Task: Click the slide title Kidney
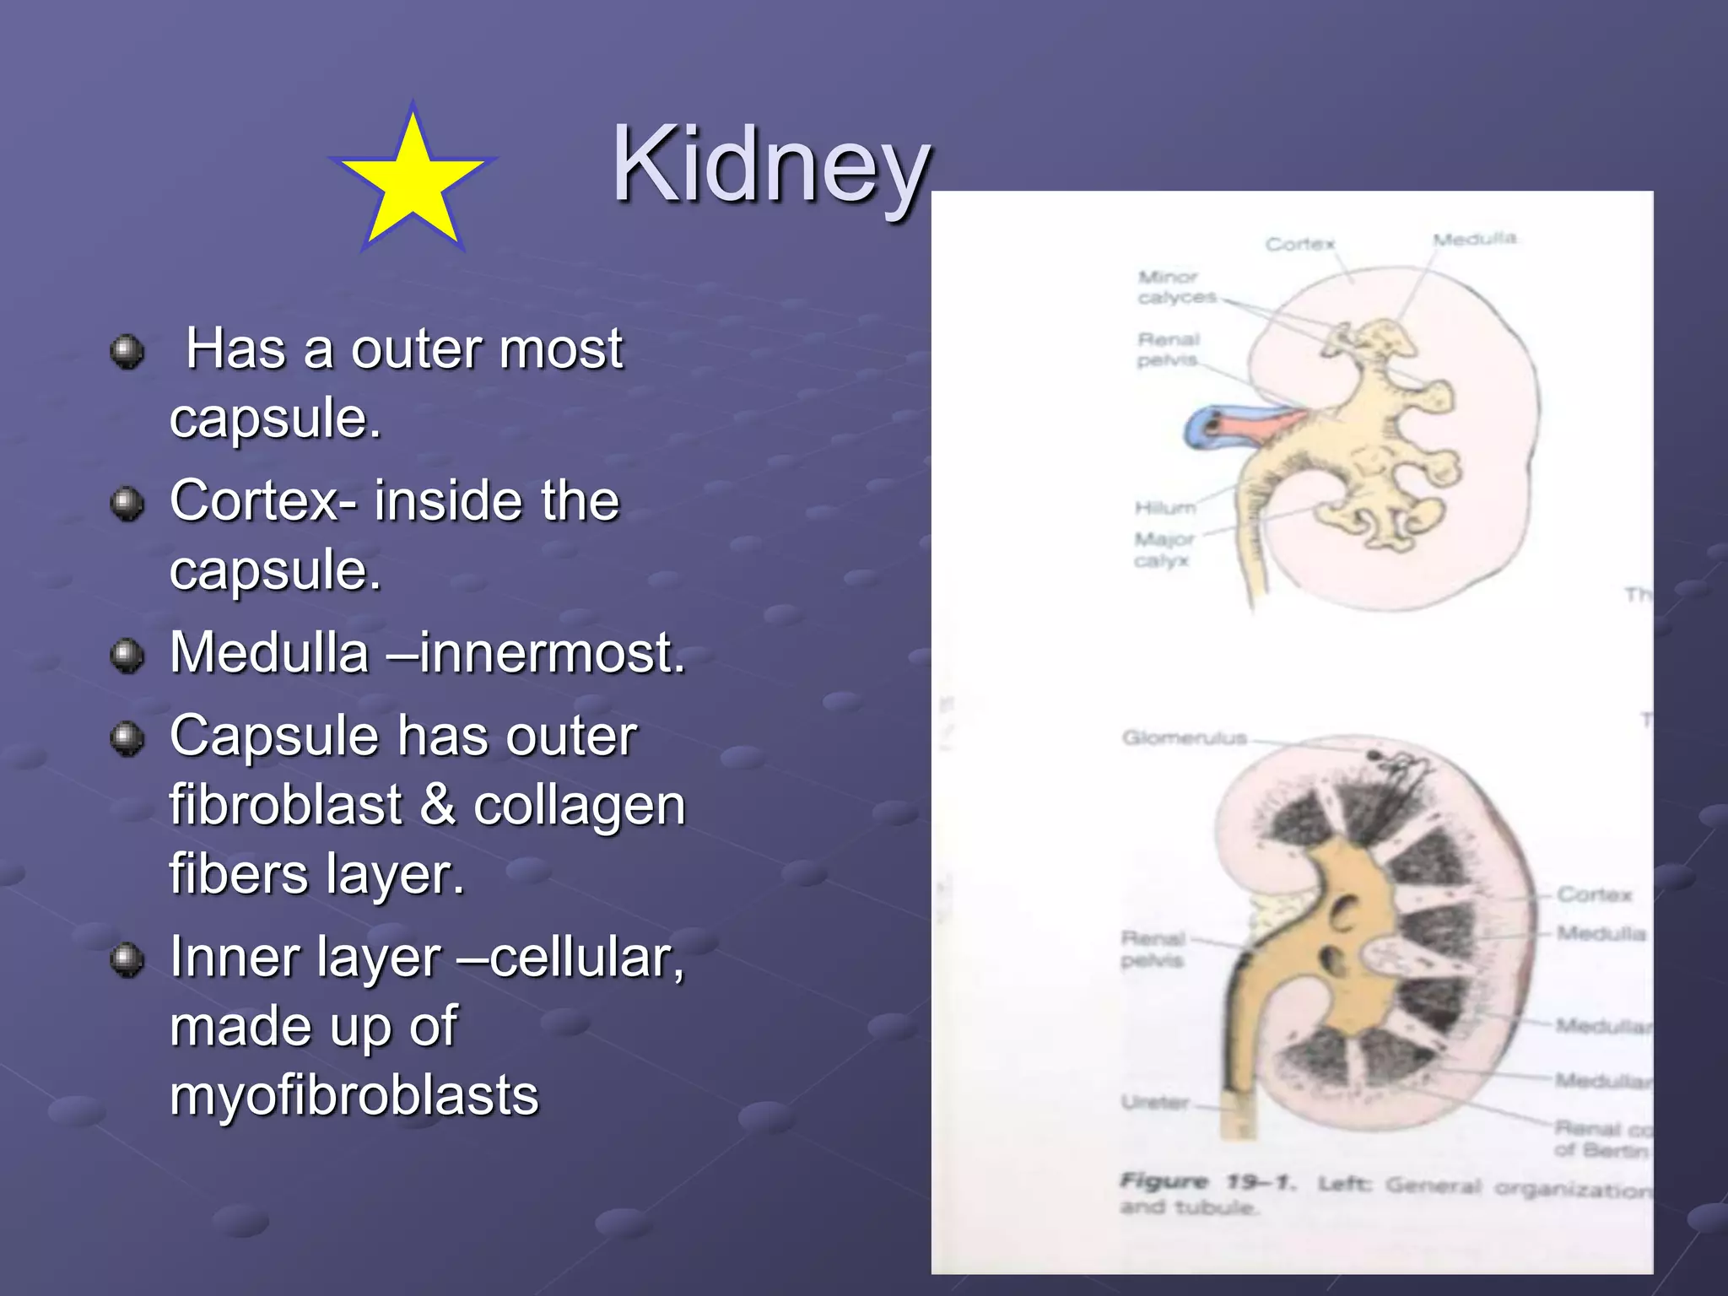[770, 165]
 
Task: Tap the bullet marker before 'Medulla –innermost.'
[127, 656]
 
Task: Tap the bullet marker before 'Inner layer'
[127, 960]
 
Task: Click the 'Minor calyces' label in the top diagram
[1176, 287]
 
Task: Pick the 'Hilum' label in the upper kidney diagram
[1164, 507]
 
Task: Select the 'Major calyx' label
[1163, 549]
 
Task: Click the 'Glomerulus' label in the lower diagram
[1184, 738]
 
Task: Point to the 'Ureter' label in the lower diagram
[1155, 1102]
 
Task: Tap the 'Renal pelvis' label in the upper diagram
[1168, 349]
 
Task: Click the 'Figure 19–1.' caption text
[1207, 1182]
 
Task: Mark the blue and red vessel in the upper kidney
[1240, 422]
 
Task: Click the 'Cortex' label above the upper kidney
[1299, 244]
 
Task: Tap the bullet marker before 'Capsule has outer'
[127, 739]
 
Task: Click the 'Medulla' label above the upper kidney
[1474, 239]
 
